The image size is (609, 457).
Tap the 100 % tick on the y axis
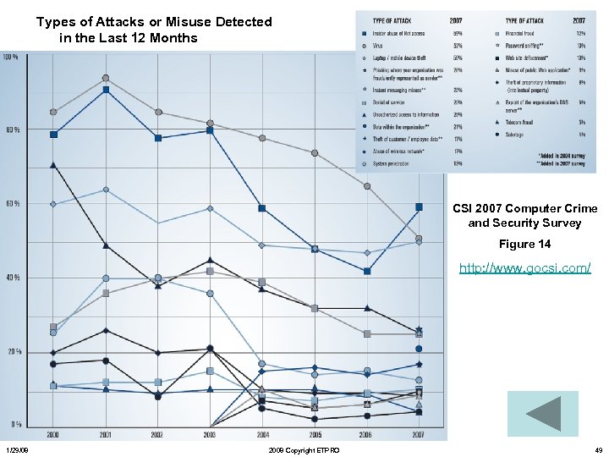[11, 57]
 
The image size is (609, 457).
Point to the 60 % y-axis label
[11, 204]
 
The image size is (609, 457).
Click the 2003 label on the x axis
[210, 433]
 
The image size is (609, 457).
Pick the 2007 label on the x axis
[419, 433]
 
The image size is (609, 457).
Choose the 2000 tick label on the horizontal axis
[53, 433]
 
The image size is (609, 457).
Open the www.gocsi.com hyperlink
[524, 268]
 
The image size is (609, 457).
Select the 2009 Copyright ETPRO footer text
[303, 450]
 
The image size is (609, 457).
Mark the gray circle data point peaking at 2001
[106, 78]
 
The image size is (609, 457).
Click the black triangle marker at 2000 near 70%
[53, 165]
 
